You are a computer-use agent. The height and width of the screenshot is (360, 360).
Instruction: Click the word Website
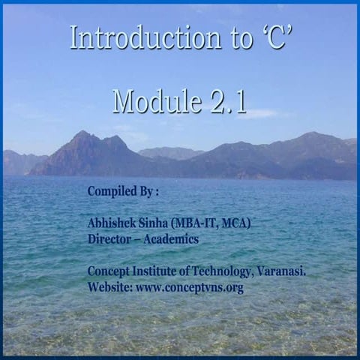(109, 288)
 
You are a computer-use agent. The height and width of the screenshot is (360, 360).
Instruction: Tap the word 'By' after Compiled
(146, 191)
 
